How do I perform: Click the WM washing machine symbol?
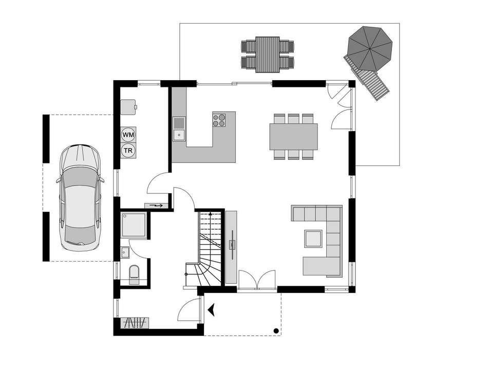[x=128, y=135]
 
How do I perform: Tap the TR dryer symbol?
[x=128, y=151]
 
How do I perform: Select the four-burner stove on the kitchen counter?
[x=219, y=119]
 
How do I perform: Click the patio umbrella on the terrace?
[x=369, y=49]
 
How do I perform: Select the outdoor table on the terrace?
[x=268, y=54]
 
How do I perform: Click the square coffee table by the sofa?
[x=313, y=239]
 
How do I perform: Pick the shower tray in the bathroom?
[x=135, y=224]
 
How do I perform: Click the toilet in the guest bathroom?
[x=134, y=274]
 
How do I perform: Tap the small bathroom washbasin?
[x=125, y=252]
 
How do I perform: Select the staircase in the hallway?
[x=208, y=248]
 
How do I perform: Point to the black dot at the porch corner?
[x=276, y=331]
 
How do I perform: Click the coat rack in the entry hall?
[x=135, y=323]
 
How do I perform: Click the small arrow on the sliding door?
[x=157, y=206]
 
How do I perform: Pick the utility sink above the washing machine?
[x=129, y=107]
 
